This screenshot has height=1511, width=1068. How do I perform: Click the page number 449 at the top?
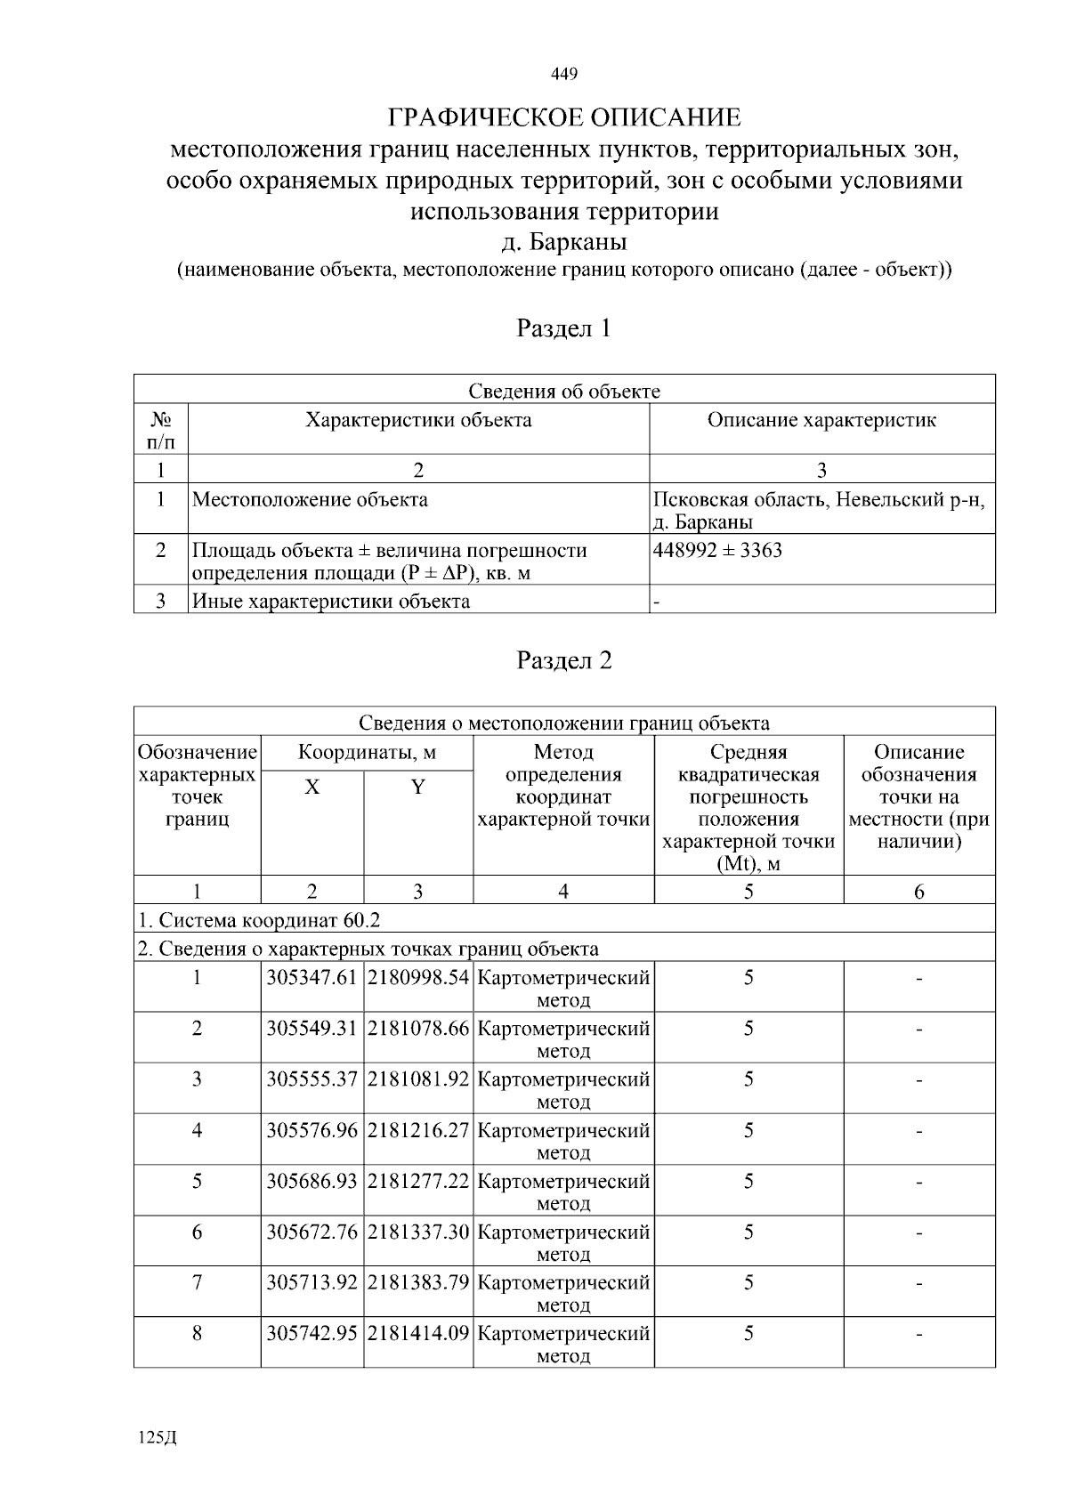point(564,74)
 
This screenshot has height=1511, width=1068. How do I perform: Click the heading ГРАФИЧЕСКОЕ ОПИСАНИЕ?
point(564,117)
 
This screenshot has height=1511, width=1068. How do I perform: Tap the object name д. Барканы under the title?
point(564,242)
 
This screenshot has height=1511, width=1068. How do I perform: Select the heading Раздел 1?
point(564,328)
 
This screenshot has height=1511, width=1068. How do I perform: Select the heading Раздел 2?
point(564,660)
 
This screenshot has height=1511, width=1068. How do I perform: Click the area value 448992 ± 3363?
point(717,550)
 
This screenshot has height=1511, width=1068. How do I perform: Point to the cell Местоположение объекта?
point(311,500)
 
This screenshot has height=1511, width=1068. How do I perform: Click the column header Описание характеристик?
point(821,420)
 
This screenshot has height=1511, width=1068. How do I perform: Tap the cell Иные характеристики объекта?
point(332,602)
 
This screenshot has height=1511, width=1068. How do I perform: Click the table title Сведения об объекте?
point(564,392)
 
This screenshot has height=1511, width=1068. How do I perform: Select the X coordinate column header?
point(312,788)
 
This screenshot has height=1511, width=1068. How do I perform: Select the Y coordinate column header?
point(417,788)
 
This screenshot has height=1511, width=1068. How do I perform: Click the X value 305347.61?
point(312,978)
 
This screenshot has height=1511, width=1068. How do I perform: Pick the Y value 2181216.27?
point(418,1131)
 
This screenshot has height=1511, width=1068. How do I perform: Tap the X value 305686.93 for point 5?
point(312,1182)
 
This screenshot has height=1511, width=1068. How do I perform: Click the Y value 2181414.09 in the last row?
point(418,1334)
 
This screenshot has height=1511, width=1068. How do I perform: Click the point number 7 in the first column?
point(197,1283)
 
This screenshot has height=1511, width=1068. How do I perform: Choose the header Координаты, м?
point(367,753)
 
